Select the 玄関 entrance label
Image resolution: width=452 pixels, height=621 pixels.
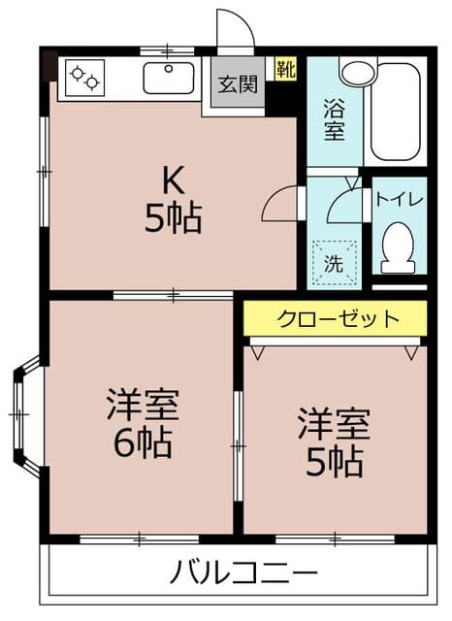tap(237, 84)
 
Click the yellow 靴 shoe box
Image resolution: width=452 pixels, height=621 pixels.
tap(285, 69)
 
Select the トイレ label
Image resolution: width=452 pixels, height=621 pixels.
tap(399, 200)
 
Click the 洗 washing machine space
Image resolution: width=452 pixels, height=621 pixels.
tap(333, 260)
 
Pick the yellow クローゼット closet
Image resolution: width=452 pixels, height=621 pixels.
tap(336, 317)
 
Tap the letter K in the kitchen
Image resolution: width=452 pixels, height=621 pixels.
tap(173, 180)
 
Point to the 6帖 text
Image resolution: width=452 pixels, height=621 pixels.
tap(140, 442)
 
